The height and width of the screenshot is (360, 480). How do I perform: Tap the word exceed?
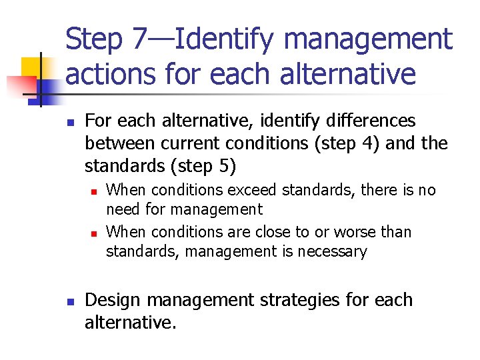(x=253, y=191)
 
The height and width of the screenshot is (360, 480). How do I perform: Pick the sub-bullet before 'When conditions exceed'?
(x=94, y=191)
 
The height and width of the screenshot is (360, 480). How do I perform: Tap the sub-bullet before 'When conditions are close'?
(x=94, y=233)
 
